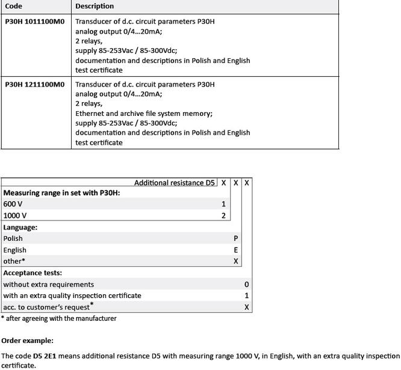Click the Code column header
(14, 6)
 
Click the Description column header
(95, 6)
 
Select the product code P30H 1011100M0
(34, 22)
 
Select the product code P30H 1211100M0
(34, 85)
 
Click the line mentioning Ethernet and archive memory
(144, 114)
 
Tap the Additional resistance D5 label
(174, 183)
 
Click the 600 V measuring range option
(13, 204)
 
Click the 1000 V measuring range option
(15, 216)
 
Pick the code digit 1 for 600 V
(223, 204)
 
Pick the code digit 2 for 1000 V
(223, 216)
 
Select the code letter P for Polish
(236, 238)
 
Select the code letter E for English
(236, 250)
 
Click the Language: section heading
(20, 228)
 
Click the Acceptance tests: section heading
(33, 273)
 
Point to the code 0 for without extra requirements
(247, 284)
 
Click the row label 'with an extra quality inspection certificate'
(72, 296)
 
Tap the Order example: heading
(27, 341)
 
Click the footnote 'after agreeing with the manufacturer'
(61, 318)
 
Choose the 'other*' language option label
(14, 261)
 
